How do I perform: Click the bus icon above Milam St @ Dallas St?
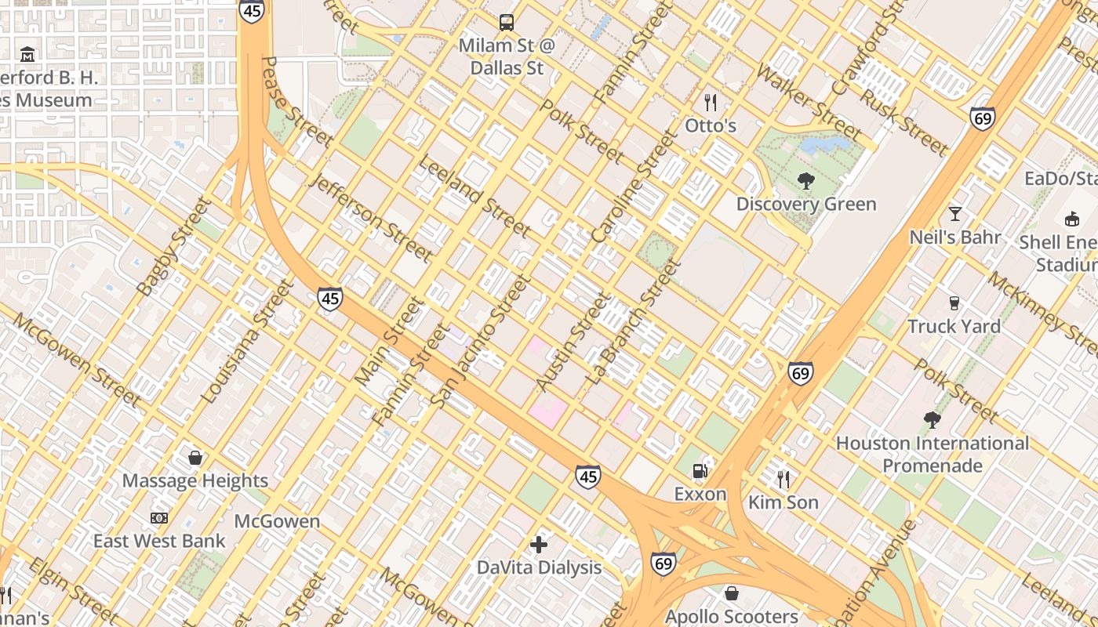coord(507,22)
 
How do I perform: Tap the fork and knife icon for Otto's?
coord(711,103)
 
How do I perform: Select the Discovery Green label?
coord(805,205)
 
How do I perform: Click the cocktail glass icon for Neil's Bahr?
coord(954,213)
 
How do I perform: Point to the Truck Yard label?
coord(954,326)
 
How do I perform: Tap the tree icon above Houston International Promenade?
coord(932,420)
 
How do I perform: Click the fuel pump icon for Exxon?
coord(700,471)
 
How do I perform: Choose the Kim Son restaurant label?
coord(784,502)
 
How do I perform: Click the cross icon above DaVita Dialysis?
coord(539,544)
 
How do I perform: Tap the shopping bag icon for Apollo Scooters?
coord(731,593)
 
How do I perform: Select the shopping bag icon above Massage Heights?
coord(195,457)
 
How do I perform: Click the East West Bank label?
coord(159,541)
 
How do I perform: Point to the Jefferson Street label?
coord(372,217)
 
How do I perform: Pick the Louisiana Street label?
coord(246,343)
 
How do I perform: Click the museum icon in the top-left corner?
coord(28,54)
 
